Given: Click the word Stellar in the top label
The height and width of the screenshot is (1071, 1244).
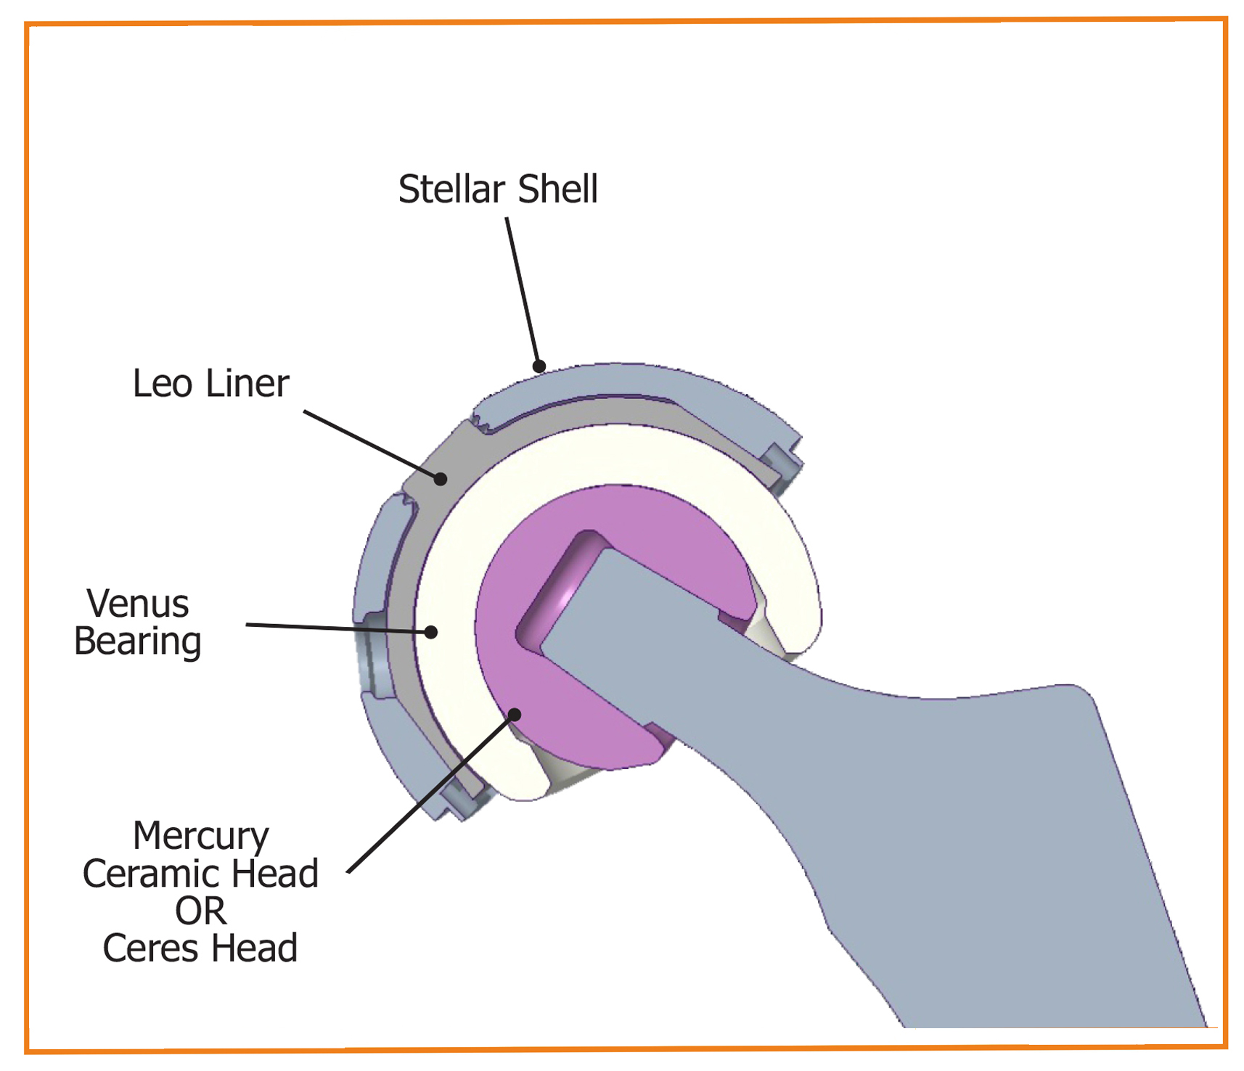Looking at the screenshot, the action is tap(451, 189).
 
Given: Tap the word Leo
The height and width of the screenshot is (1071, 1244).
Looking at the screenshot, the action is tap(163, 383).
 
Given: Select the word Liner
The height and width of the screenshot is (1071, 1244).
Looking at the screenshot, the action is tap(247, 383).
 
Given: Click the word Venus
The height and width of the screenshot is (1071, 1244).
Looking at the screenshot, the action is tap(138, 604).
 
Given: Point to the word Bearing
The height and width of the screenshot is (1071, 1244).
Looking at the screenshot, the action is tap(138, 642).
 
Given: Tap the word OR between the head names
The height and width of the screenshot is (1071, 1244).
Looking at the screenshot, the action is tap(201, 911).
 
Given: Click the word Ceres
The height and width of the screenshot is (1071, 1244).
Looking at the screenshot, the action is tap(152, 948).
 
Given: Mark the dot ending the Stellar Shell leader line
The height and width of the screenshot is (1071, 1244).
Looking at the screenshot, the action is tap(539, 366).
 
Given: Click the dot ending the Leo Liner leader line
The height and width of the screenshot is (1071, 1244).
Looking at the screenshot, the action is tap(441, 479).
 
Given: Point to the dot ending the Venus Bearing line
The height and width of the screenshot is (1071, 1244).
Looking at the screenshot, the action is tap(431, 632).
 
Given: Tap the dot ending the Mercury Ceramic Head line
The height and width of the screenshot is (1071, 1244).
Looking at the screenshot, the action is tap(515, 715).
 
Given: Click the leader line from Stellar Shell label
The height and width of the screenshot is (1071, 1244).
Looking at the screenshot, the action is tap(523, 292).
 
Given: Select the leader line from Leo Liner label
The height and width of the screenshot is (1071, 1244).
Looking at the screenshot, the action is tap(372, 445).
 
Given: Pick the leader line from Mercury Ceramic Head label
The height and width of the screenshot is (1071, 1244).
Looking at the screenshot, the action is tap(431, 793).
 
